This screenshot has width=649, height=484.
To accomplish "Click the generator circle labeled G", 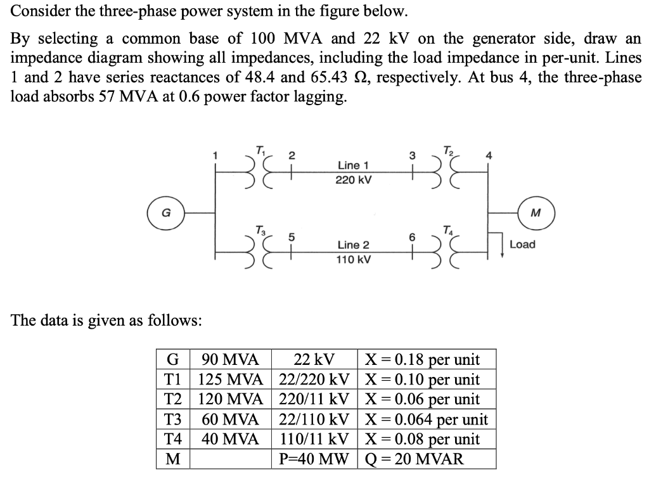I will point(164,212).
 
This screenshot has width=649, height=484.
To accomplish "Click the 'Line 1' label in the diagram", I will point(353,165).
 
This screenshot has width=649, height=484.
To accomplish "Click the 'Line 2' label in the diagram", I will point(353,245).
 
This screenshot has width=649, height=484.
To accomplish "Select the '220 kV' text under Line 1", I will point(353,180).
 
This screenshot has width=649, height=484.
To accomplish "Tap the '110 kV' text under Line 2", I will point(353,259).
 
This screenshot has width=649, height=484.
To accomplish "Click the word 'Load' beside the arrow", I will point(522,245).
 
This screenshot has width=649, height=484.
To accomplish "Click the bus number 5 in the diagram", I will point(292,237).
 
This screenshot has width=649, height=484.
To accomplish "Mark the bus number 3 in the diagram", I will point(412,155).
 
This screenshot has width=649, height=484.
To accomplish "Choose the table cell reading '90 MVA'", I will point(231,360).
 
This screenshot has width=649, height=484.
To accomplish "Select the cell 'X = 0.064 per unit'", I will point(426,419).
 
